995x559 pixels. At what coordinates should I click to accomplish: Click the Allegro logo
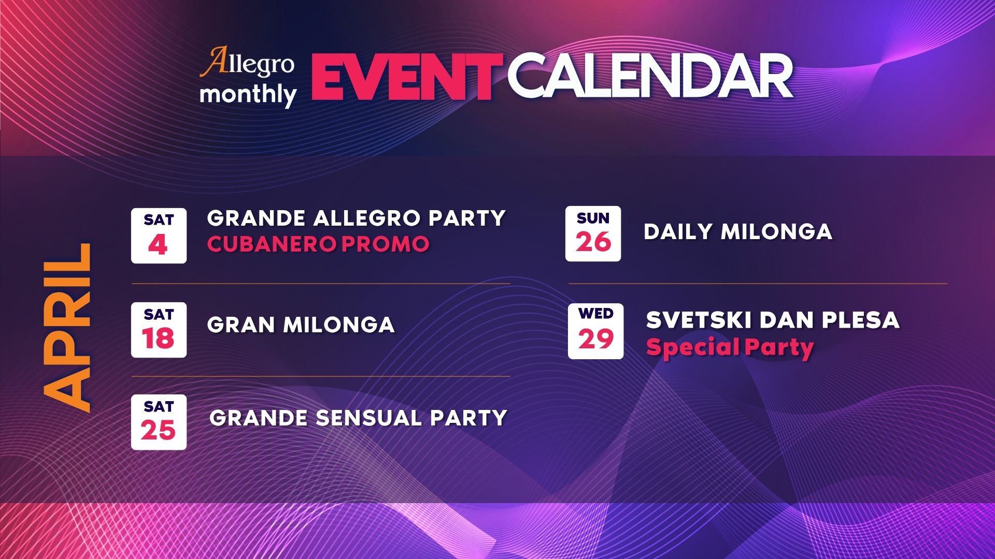[247, 63]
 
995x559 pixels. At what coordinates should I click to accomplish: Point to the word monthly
[248, 95]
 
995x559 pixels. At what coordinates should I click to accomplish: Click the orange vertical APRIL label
[67, 328]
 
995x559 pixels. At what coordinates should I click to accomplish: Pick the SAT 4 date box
[159, 236]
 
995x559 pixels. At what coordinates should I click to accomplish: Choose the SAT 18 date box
[159, 330]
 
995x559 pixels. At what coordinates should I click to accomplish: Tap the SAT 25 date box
[159, 422]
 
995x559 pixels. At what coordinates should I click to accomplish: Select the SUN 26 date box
[593, 233]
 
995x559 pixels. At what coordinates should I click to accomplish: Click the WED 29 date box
[595, 331]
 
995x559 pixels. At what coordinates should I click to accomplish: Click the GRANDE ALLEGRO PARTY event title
[357, 218]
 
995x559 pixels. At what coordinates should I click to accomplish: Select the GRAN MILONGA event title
[301, 325]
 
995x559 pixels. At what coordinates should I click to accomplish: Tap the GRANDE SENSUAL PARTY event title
[359, 418]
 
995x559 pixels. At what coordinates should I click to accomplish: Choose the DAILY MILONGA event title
[738, 231]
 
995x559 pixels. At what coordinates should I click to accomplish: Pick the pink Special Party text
[730, 348]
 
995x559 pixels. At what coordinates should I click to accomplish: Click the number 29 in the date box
[596, 339]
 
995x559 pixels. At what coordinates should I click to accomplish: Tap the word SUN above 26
[593, 218]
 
